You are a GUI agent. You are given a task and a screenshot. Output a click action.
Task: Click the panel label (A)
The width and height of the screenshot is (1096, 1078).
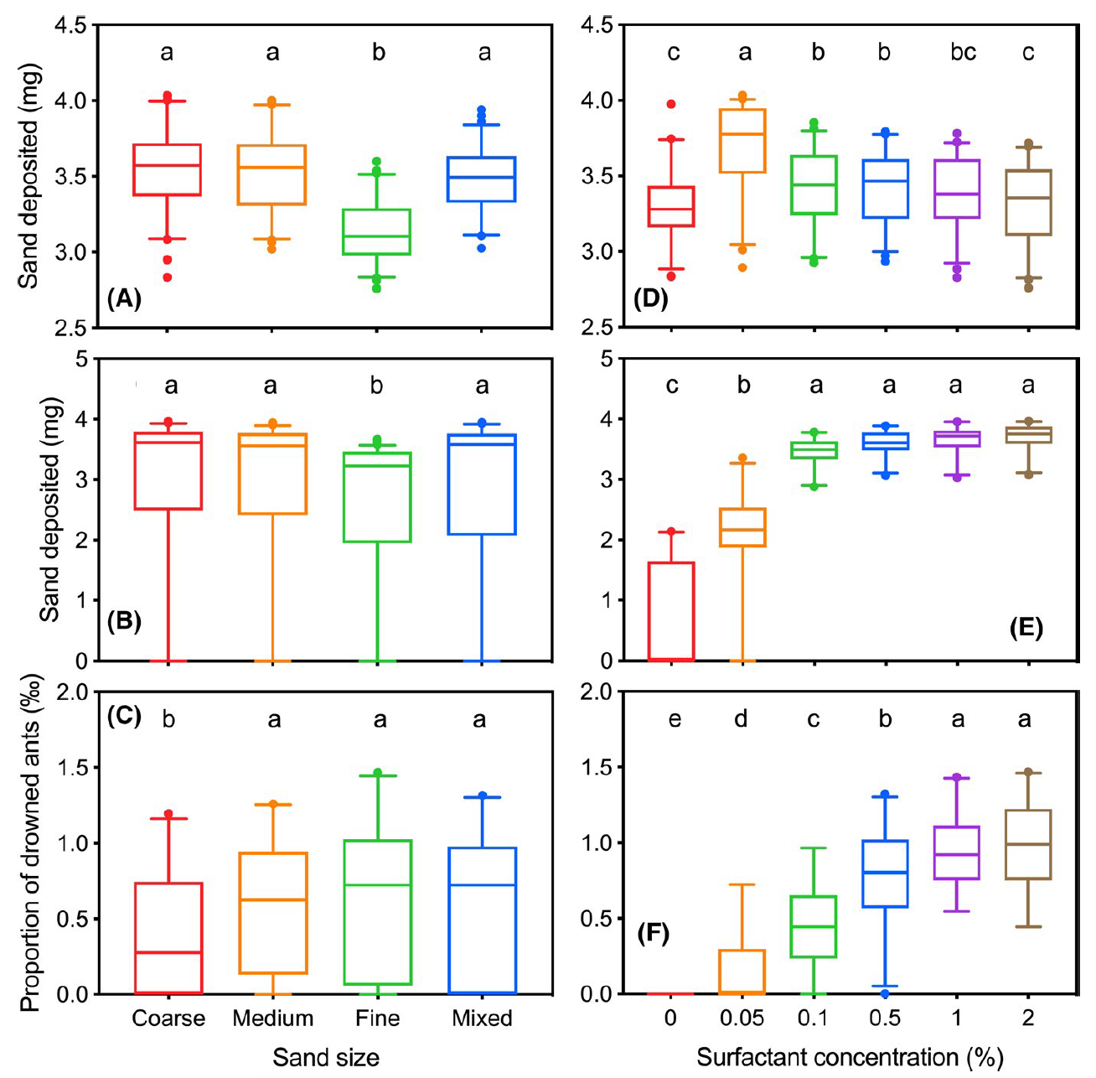click(124, 299)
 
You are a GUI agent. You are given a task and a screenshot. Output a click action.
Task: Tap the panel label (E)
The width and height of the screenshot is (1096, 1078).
click(1026, 628)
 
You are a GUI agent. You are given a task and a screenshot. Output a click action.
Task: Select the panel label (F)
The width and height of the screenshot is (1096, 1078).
click(654, 933)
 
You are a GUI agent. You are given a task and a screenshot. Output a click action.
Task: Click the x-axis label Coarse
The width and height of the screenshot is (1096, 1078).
click(168, 1018)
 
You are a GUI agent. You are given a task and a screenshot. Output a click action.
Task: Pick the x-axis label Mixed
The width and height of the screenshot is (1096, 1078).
click(482, 1018)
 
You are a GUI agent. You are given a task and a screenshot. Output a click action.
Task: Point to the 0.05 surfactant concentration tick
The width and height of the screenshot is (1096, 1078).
click(742, 1018)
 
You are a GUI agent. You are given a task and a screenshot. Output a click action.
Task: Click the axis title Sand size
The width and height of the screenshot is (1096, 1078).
click(326, 1058)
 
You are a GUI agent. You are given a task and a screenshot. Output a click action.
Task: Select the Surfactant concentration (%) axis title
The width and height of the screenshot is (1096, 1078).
click(850, 1058)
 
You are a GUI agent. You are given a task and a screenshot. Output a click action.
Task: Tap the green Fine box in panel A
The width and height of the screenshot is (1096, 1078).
click(378, 231)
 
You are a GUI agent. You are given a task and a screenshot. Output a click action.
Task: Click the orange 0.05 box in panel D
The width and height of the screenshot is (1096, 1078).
click(745, 141)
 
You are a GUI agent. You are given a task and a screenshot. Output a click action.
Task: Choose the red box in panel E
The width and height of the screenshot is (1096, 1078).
click(672, 611)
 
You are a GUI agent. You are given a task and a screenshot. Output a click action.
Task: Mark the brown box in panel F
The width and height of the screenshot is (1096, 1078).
click(1028, 844)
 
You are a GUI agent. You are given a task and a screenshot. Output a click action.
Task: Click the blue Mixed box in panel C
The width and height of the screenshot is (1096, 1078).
click(482, 920)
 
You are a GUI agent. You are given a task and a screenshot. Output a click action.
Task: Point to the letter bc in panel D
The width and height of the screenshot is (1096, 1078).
click(963, 53)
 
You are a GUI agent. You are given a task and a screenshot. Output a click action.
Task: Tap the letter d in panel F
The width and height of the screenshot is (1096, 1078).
click(741, 719)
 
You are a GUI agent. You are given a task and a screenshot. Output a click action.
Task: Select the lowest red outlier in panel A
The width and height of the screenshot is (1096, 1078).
click(168, 277)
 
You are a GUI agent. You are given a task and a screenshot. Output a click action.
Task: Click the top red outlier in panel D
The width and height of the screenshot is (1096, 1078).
click(672, 104)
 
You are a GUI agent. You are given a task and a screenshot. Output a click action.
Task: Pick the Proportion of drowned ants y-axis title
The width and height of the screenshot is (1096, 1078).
click(30, 855)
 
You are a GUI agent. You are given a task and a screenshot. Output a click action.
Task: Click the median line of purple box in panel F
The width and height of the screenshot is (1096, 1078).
click(957, 854)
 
